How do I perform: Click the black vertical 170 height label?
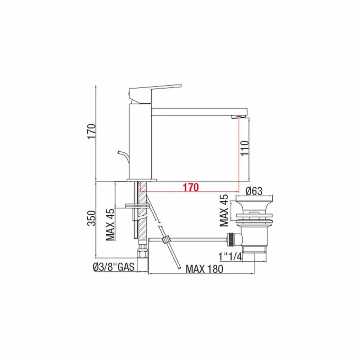pos(92,131)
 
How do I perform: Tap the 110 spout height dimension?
pos(244,148)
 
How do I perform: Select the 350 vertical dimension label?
pos(92,218)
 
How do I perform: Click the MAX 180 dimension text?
pos(204,269)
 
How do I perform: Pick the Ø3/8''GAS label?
pos(113,268)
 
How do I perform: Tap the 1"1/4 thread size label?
pos(231,257)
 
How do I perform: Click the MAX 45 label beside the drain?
pos(224,210)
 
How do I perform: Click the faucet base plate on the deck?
pos(141,180)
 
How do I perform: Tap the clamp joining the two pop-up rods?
pos(166,240)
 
